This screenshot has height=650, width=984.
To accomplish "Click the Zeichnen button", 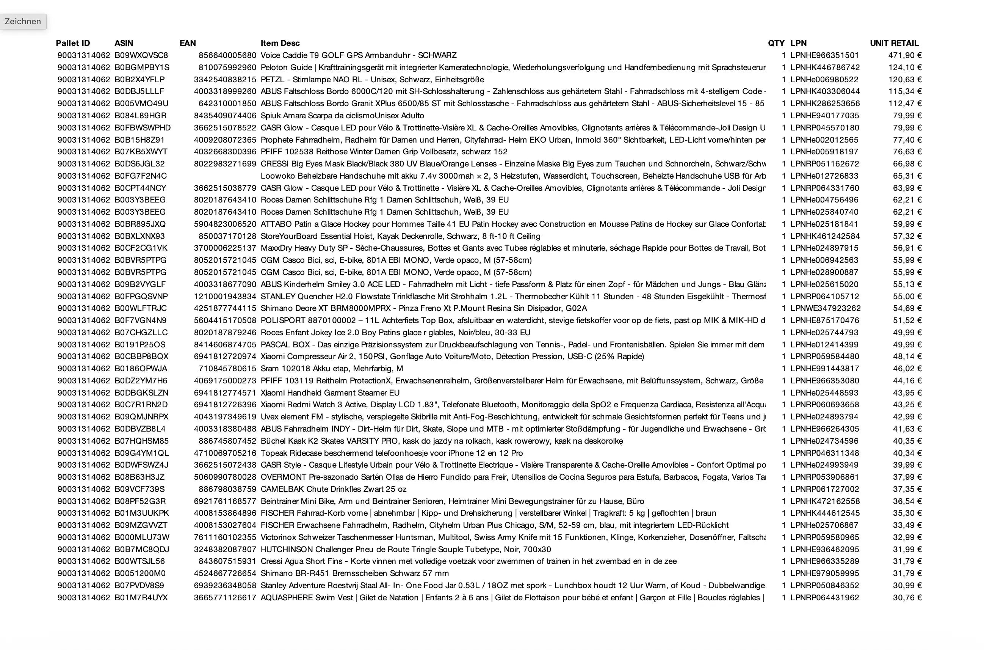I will [x=23, y=22].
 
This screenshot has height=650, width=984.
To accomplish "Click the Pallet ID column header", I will [x=73, y=43].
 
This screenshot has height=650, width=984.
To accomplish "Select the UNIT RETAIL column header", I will [x=894, y=43].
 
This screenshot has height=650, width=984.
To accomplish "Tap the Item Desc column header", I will [x=280, y=43].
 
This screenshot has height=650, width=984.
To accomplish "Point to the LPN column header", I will [x=798, y=43].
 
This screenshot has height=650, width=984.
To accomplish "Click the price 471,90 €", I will [x=905, y=55].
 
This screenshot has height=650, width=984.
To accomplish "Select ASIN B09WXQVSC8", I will [x=141, y=55].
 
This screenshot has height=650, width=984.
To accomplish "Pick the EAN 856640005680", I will [x=227, y=55].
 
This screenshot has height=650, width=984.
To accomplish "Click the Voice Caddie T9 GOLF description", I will [x=358, y=55].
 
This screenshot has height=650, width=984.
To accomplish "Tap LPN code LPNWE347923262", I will [x=825, y=308].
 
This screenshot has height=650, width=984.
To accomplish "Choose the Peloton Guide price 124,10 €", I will [x=905, y=67].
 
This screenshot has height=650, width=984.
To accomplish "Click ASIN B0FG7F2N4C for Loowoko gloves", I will [x=141, y=176].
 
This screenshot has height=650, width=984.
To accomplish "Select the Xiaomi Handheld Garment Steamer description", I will [x=330, y=393].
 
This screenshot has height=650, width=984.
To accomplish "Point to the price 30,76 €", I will [x=907, y=597].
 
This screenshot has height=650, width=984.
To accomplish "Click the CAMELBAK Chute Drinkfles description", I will [x=334, y=489].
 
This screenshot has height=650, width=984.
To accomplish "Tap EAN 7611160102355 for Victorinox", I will [x=225, y=537].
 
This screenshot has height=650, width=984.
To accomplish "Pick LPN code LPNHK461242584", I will [x=825, y=236].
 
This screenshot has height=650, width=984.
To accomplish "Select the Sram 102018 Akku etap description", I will [x=331, y=369].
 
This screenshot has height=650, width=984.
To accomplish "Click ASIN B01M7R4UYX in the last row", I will [x=141, y=597].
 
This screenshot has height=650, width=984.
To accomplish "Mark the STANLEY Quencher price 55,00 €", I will [x=907, y=297].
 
